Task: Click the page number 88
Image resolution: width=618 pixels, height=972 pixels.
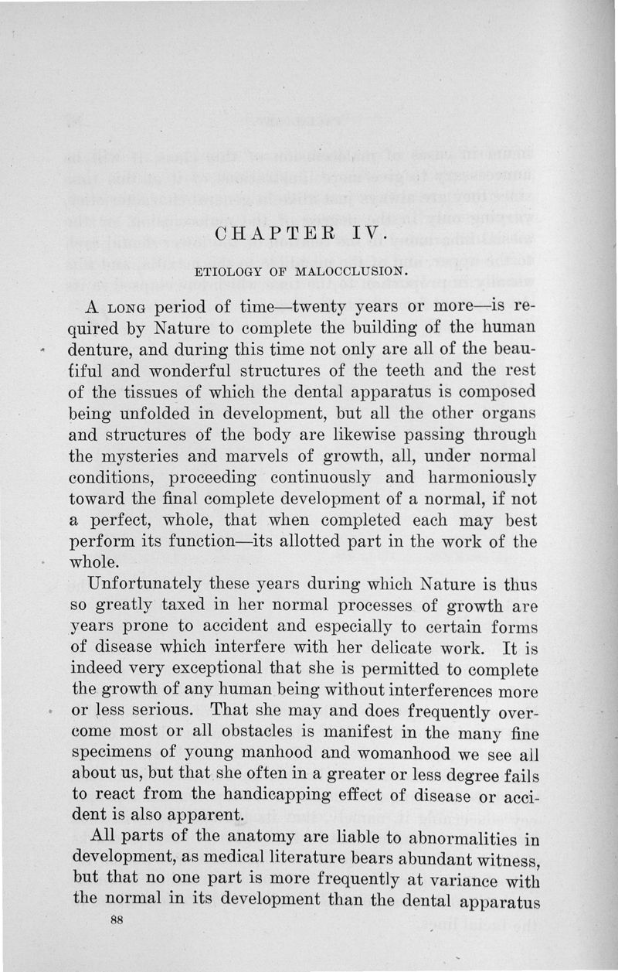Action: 117,920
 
